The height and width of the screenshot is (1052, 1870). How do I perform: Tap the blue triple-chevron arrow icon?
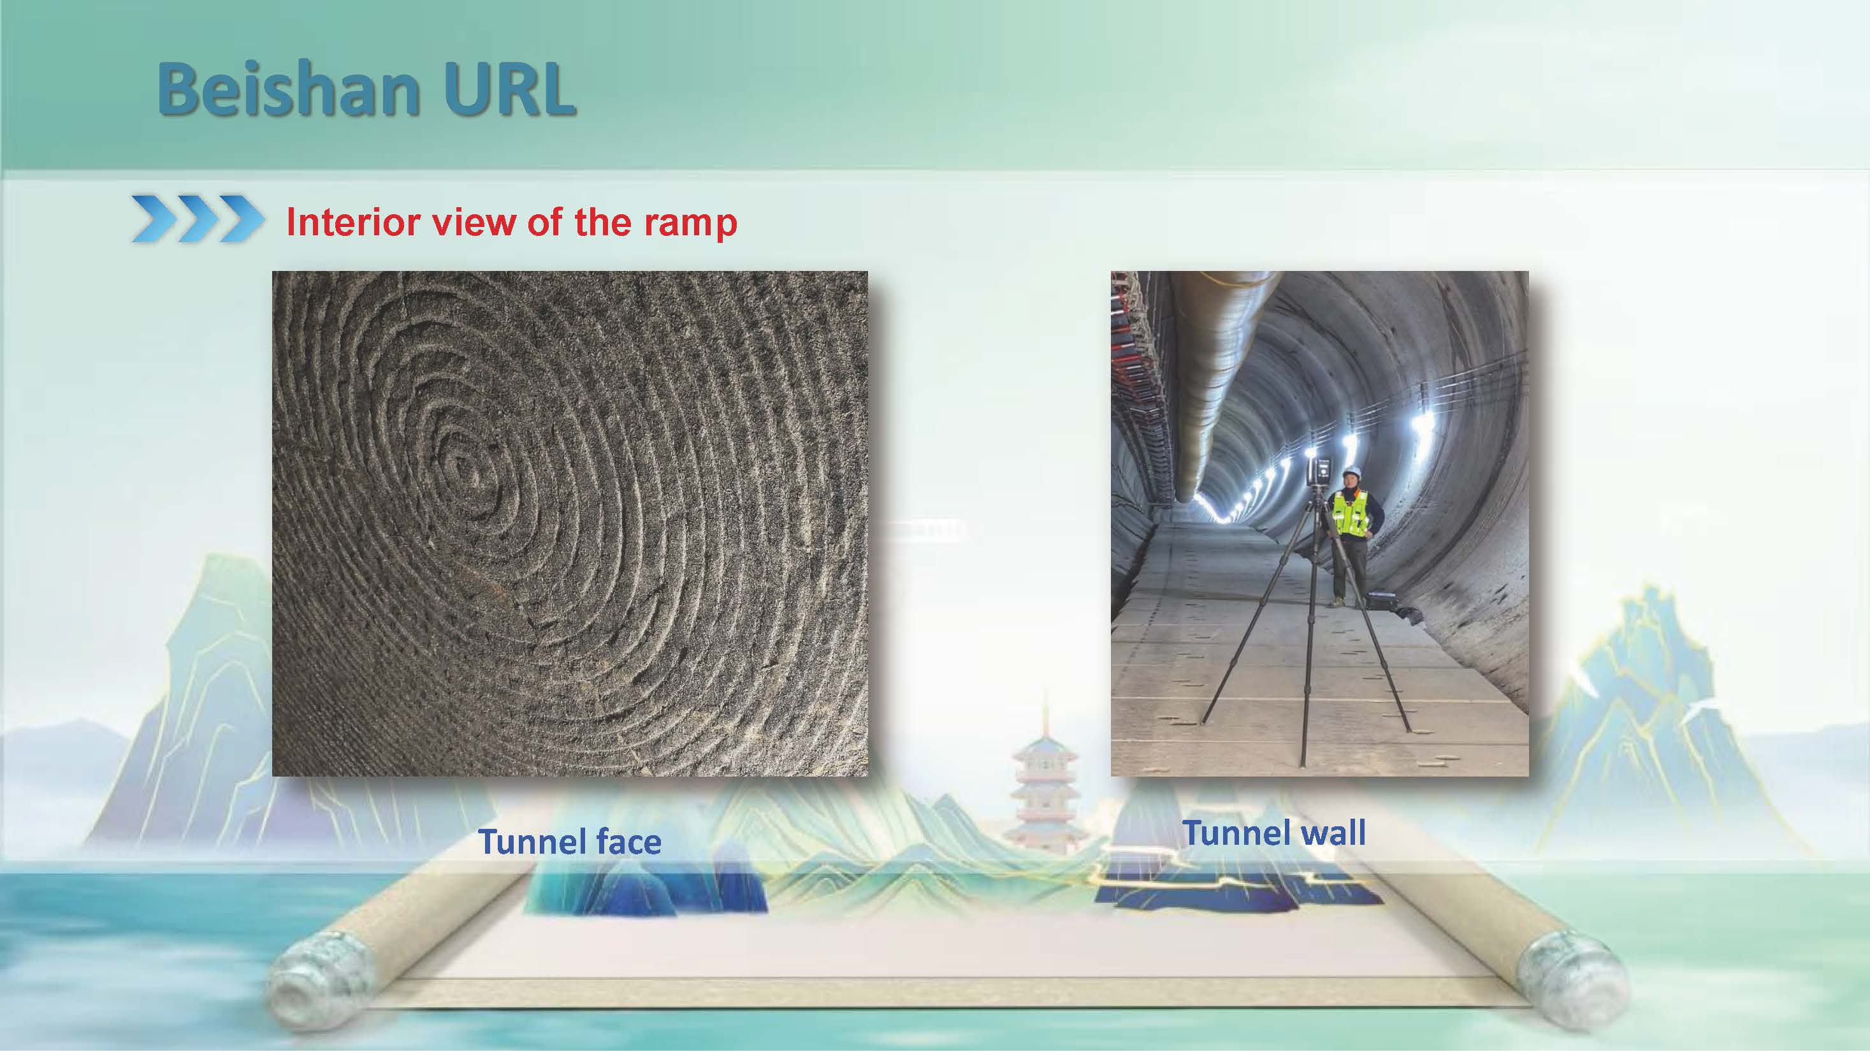tap(198, 218)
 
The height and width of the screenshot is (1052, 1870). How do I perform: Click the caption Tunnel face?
tap(570, 842)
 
